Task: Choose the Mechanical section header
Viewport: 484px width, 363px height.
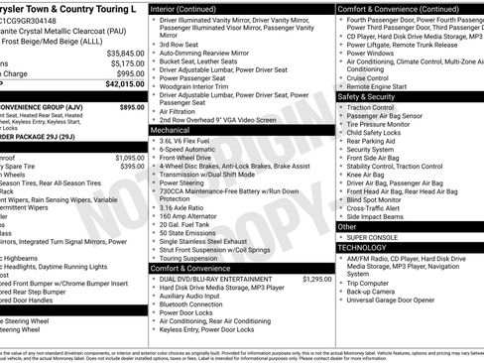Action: click(171, 130)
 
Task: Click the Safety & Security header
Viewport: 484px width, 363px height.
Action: click(366, 97)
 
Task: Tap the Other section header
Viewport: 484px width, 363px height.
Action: click(347, 227)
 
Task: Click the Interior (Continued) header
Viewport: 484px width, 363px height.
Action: click(190, 8)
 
